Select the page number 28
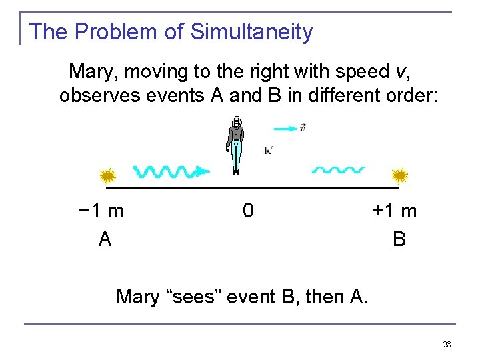click(x=447, y=344)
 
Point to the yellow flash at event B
click(x=400, y=176)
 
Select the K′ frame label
click(x=268, y=151)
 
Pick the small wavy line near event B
click(x=339, y=170)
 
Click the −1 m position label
click(x=100, y=211)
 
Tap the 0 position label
click(x=248, y=211)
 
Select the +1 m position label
click(x=395, y=211)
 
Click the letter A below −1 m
click(x=105, y=239)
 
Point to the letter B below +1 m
click(x=399, y=239)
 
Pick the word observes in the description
click(x=97, y=96)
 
